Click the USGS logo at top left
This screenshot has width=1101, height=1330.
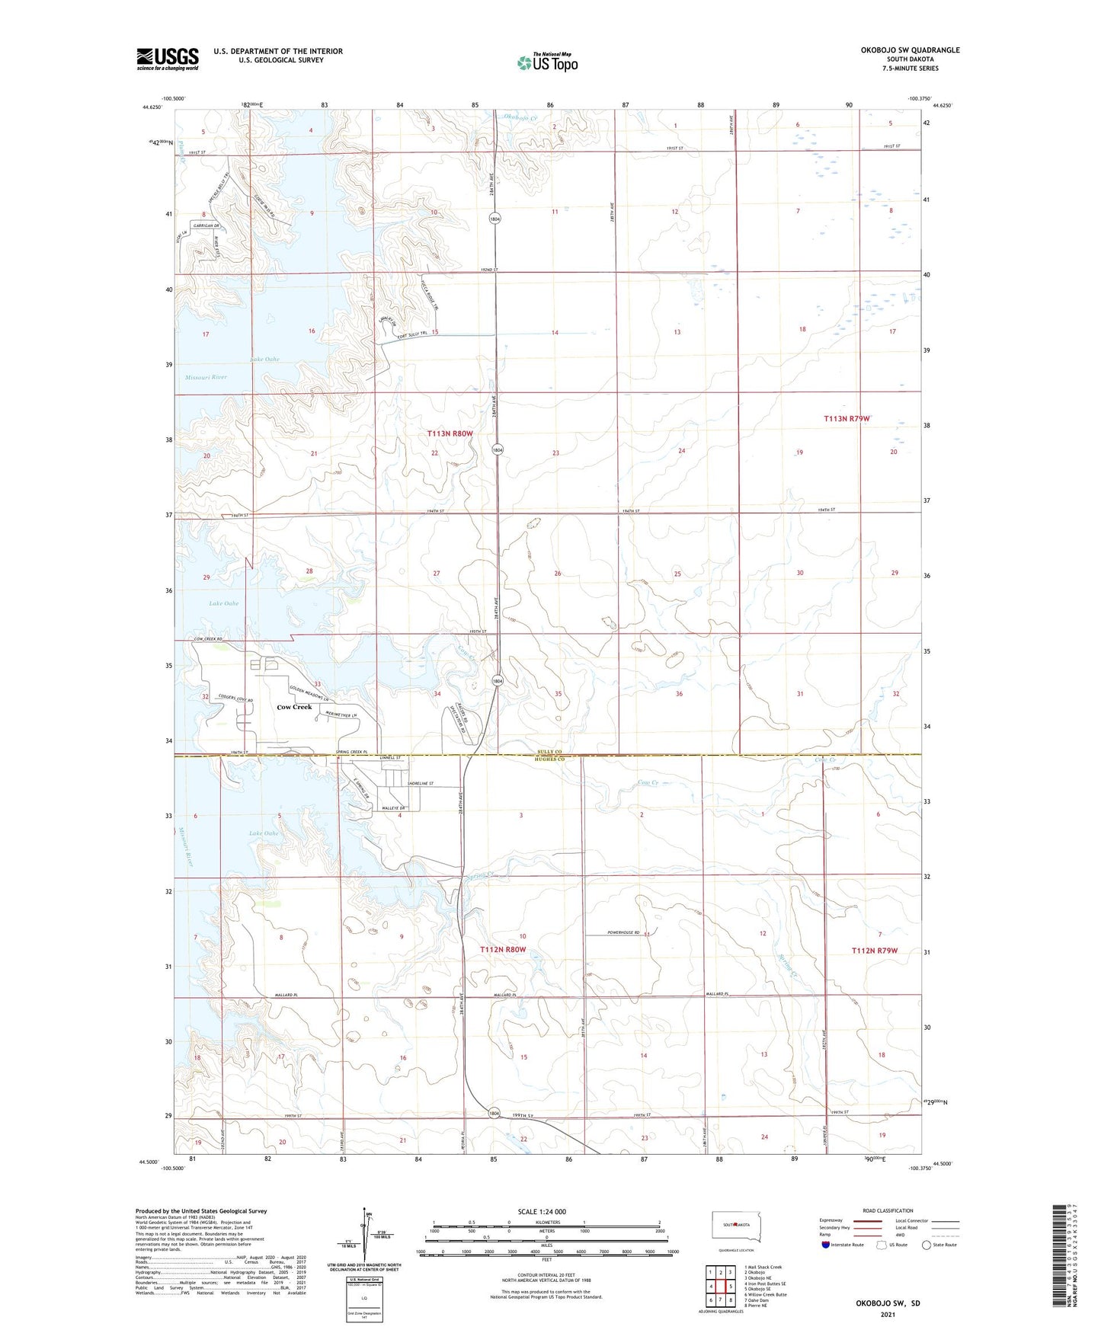168,59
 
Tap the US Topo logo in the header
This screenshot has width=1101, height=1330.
547,62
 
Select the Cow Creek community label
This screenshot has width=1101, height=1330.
294,707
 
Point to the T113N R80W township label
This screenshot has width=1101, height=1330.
450,433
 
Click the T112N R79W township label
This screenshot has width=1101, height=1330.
875,951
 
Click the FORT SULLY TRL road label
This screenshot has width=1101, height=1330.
410,334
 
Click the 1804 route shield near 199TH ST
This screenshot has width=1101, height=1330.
494,1113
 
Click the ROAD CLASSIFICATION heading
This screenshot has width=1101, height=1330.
888,1210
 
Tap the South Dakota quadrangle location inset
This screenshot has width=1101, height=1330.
735,1226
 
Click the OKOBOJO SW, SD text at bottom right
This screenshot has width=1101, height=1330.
888,1303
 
